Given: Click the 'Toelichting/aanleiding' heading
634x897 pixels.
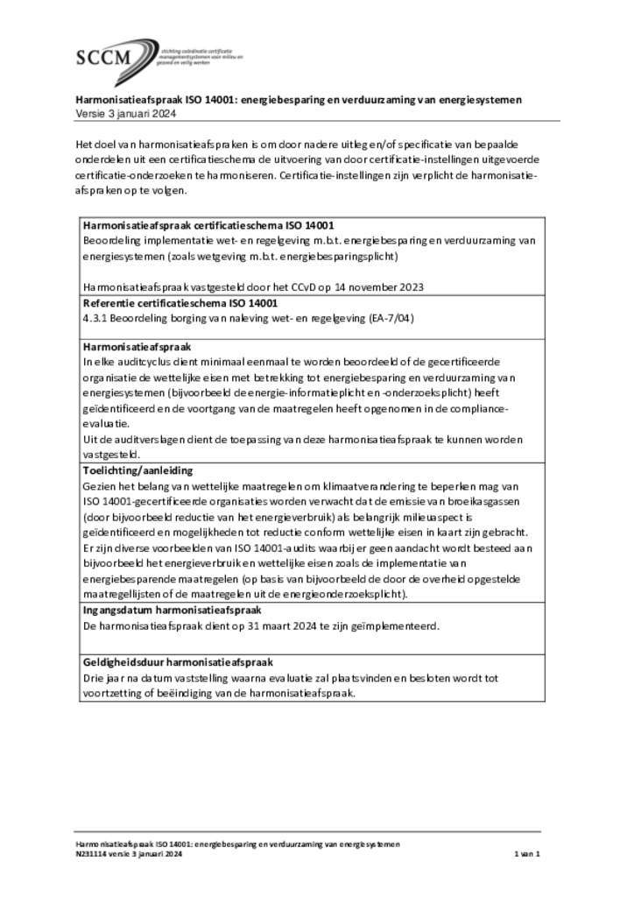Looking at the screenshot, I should tap(137, 470).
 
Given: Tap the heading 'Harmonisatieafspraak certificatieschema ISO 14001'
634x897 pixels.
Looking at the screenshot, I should tap(208, 225).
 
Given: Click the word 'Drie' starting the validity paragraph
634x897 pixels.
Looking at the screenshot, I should tap(94, 678).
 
